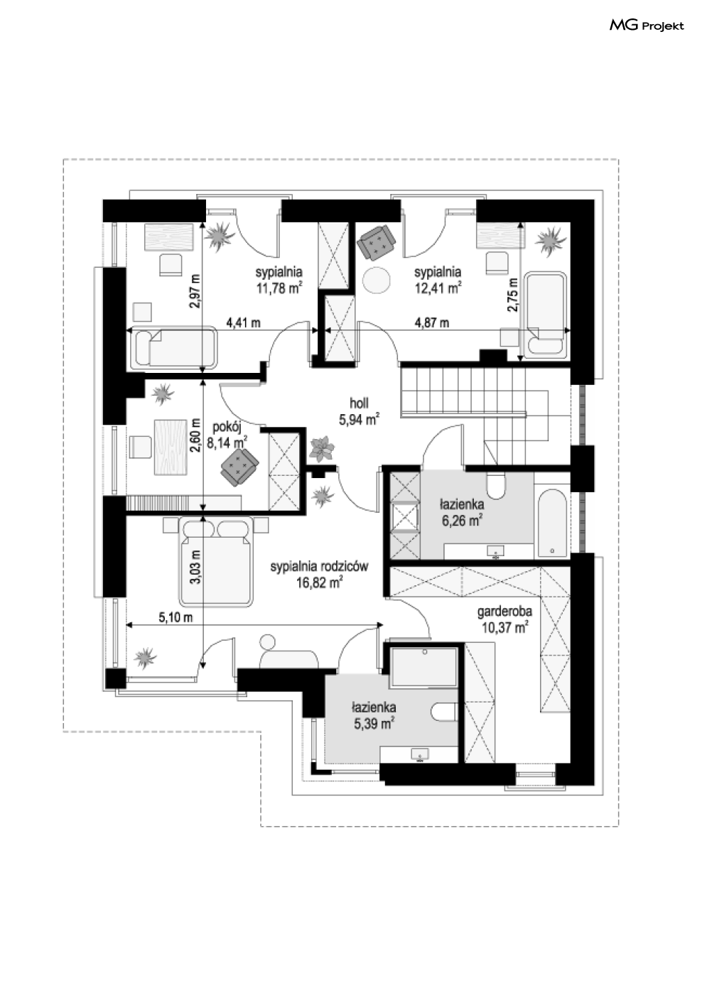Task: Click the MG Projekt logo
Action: (x=647, y=26)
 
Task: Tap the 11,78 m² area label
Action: (x=279, y=288)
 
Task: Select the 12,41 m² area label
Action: (x=438, y=288)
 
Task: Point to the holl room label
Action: (x=359, y=403)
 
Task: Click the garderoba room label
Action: (x=504, y=610)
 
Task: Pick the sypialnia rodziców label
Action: (x=319, y=566)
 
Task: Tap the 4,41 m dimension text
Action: (x=243, y=322)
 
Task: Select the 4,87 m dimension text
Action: (x=432, y=322)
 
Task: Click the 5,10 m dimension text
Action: (x=176, y=617)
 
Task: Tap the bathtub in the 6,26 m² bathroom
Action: (x=551, y=522)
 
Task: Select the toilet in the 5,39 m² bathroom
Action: (x=445, y=712)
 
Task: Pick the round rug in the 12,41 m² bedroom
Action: (x=377, y=279)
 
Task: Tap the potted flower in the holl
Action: (x=323, y=449)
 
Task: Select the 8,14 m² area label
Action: (x=227, y=442)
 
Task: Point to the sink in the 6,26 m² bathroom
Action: (x=496, y=550)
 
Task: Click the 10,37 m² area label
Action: (x=504, y=627)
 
